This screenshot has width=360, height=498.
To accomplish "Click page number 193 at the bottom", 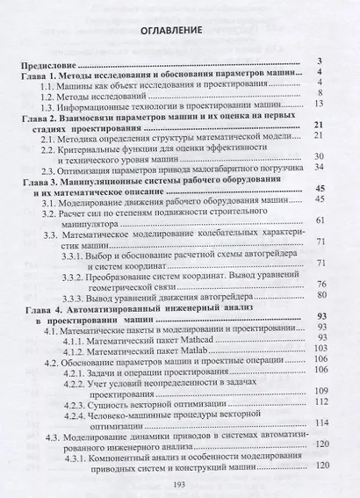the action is pos(179,482).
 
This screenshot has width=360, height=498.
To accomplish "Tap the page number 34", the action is pos(320,167).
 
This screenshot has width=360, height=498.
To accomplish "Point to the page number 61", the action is pos(320,220).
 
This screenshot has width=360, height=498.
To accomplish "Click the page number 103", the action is pos(319,349).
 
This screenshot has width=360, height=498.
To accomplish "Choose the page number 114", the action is pos(319,422).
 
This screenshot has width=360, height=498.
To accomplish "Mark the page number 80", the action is pos(320,294).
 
